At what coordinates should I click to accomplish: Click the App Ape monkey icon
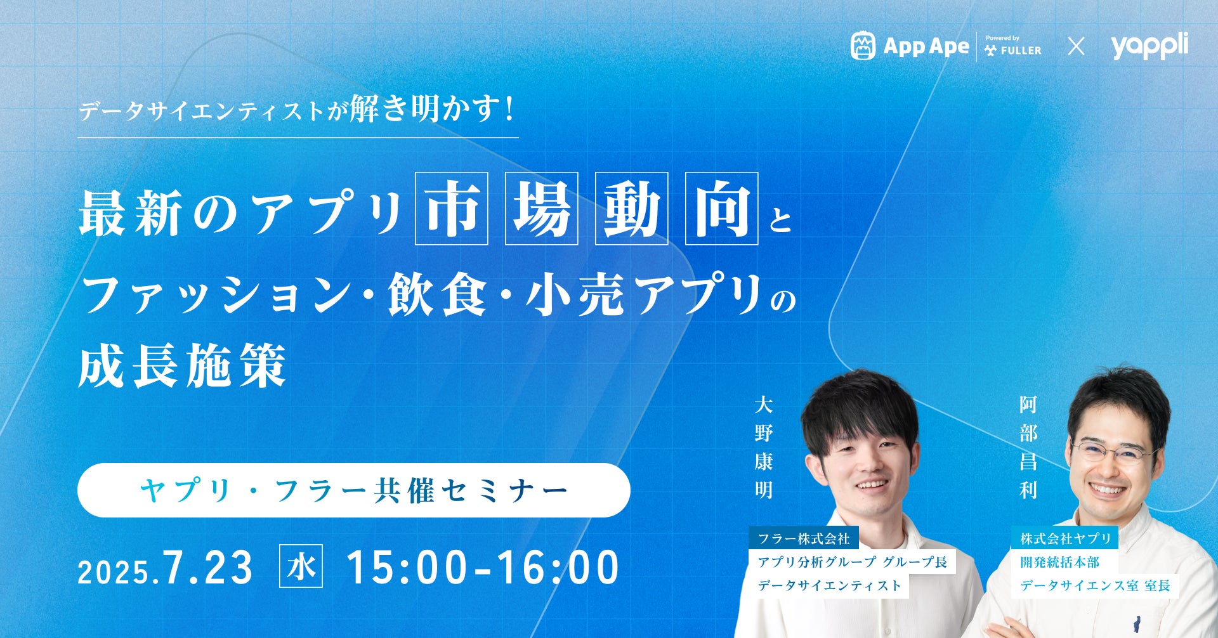(863, 46)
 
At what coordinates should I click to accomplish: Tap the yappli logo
(1149, 46)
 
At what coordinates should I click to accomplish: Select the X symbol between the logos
(1076, 46)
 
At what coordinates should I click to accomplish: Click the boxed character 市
(451, 208)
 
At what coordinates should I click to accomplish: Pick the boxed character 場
(541, 208)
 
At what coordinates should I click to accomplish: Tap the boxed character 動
(631, 208)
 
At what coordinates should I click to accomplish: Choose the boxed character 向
(721, 208)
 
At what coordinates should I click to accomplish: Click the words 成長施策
(182, 366)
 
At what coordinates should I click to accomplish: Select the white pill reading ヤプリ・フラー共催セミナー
(353, 490)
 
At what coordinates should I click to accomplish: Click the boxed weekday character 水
(301, 566)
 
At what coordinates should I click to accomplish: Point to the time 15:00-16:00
(483, 567)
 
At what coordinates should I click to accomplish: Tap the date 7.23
(208, 567)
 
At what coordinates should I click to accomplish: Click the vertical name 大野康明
(764, 447)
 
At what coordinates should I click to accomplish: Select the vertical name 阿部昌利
(1028, 447)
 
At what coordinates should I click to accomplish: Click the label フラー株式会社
(804, 538)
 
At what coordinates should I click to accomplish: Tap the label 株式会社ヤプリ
(1065, 538)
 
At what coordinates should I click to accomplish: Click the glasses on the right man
(1113, 452)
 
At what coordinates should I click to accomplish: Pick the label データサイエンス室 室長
(1095, 585)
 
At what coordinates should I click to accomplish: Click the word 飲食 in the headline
(437, 295)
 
